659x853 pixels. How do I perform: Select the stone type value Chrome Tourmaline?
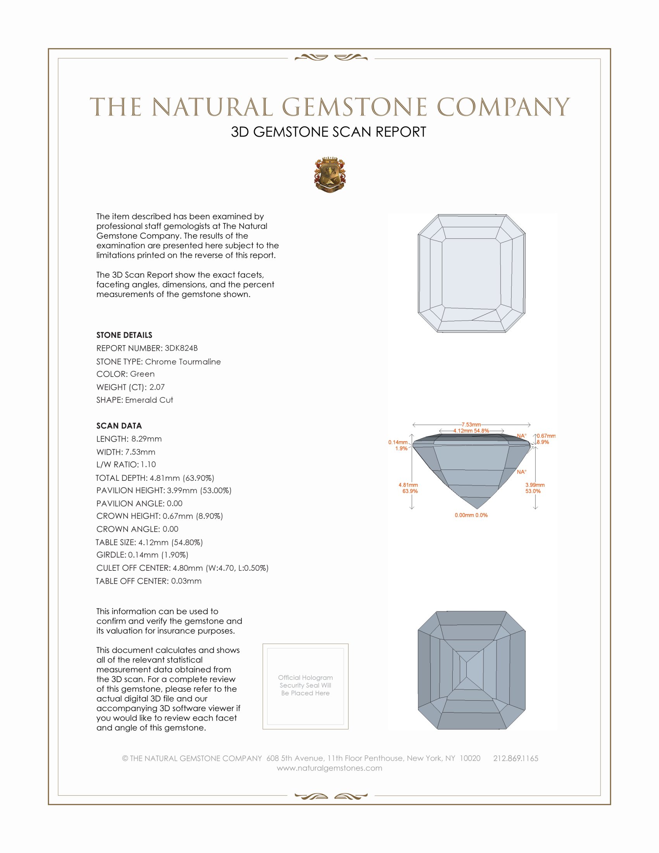point(183,362)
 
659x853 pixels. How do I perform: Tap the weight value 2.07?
point(157,387)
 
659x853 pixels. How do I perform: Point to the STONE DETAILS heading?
point(124,335)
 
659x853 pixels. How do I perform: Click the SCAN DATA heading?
point(119,426)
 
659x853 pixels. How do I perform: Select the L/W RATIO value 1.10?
point(148,464)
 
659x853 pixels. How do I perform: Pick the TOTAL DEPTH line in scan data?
point(155,478)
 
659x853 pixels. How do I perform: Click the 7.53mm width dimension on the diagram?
point(471,424)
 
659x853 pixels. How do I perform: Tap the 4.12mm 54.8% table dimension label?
point(471,430)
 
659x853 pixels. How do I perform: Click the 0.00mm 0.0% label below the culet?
point(471,515)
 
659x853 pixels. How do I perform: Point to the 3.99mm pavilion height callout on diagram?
point(535,488)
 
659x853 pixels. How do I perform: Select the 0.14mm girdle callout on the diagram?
point(398,445)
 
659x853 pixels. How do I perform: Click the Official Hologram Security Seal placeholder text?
point(305,685)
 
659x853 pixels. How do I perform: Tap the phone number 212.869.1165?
point(515,758)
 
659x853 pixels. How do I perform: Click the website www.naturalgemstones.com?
point(329,768)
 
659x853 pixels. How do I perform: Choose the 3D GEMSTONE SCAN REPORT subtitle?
point(328,132)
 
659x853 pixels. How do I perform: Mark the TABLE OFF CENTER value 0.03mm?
point(186,581)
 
